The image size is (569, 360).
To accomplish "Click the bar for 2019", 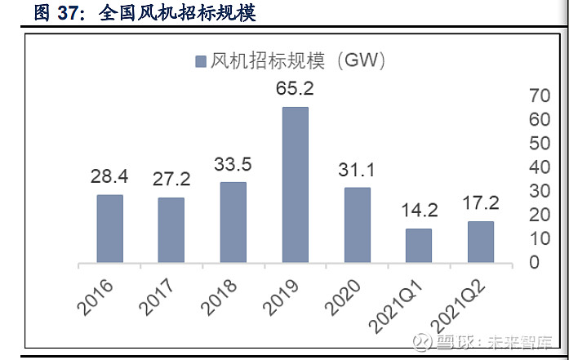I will (295, 184).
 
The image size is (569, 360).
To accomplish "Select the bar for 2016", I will (109, 229).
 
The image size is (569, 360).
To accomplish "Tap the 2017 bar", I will (171, 230).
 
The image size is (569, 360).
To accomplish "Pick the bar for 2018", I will (233, 222).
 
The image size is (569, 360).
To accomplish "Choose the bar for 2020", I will (357, 225).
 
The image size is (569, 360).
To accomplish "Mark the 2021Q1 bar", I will (419, 246).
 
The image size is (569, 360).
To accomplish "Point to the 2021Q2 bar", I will (481, 242).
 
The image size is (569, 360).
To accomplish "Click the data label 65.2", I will (295, 88).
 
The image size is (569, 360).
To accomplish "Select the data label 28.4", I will (109, 176).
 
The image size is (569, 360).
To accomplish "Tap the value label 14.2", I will (420, 210).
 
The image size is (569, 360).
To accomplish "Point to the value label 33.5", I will (233, 164).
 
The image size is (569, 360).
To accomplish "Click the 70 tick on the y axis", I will (540, 96).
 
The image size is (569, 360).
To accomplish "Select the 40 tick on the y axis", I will (540, 167).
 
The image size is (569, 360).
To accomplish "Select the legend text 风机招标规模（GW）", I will (297, 60).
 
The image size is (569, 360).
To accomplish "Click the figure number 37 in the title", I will (71, 12).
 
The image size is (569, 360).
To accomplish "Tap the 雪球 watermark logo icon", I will (424, 340).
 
